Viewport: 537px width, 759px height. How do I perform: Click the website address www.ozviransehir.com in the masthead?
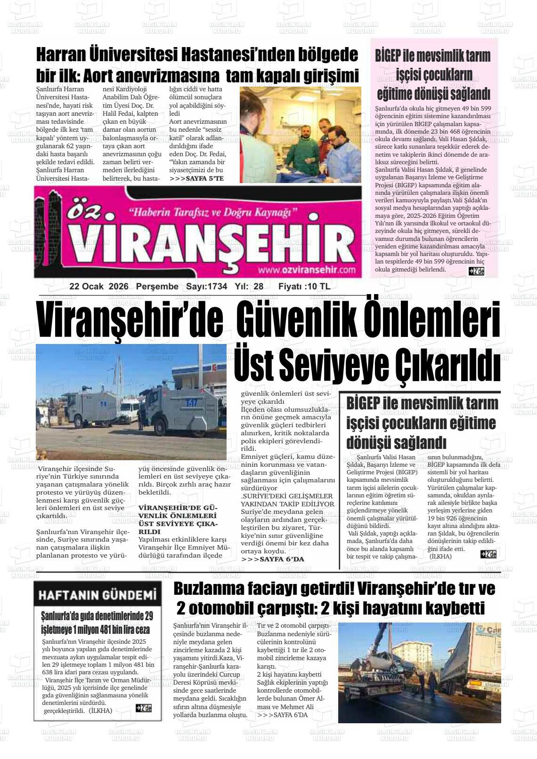point(306,270)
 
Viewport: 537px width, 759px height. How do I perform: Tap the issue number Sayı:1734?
point(206,287)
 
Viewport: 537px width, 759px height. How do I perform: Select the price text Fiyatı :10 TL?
point(304,287)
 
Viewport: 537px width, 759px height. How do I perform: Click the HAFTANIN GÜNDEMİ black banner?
point(97,595)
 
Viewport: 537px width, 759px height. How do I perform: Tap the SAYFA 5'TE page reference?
point(196,179)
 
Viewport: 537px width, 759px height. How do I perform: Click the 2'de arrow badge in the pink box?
point(476,271)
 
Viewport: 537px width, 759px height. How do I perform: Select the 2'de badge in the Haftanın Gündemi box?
point(144,708)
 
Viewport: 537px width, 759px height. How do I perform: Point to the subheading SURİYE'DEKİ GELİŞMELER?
point(287,496)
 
